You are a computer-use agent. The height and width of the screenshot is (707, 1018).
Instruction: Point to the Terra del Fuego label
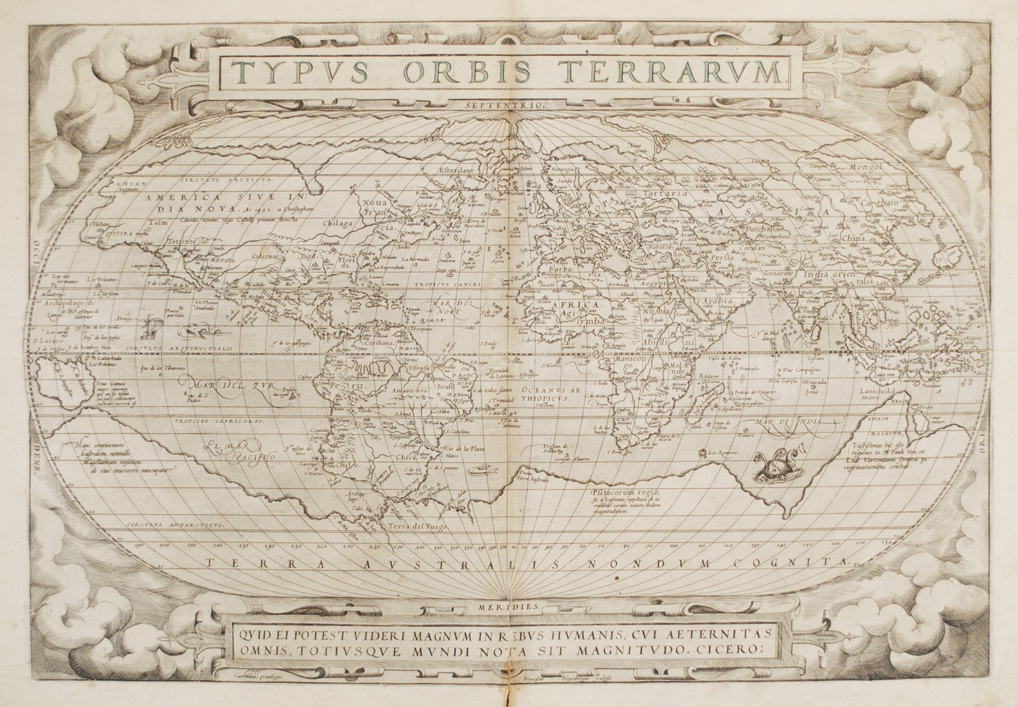tap(421, 527)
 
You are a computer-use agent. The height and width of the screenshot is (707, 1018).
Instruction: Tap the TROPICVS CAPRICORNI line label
tap(214, 420)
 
